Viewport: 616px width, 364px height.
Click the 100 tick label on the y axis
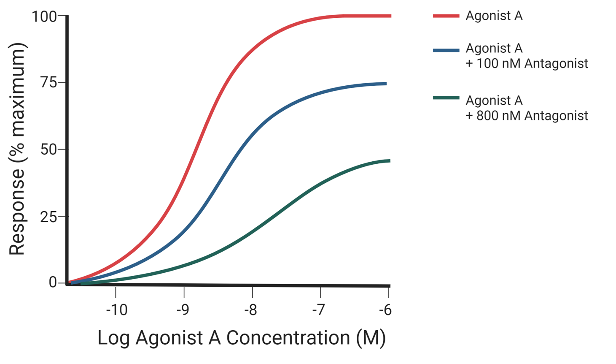pyautogui.click(x=44, y=17)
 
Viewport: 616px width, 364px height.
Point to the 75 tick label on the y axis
pyautogui.click(x=48, y=82)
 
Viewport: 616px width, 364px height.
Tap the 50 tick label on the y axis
pyautogui.click(x=48, y=149)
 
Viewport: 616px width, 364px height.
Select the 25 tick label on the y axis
pyautogui.click(x=48, y=217)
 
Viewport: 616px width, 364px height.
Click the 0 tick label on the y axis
pyautogui.click(x=53, y=282)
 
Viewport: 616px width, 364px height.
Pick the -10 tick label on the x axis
pyautogui.click(x=116, y=310)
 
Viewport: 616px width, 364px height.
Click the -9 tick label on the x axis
pyautogui.click(x=183, y=310)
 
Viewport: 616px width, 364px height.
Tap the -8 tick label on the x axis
pyautogui.click(x=250, y=310)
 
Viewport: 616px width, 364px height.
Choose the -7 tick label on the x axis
pyautogui.click(x=319, y=310)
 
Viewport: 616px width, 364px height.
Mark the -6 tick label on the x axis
pyautogui.click(x=385, y=310)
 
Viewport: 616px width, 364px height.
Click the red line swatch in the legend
pyautogui.click(x=446, y=16)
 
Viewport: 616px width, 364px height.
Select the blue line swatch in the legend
pyautogui.click(x=446, y=50)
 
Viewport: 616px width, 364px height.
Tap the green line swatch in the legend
pyautogui.click(x=446, y=98)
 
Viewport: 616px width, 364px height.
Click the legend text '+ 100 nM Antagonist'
pyautogui.click(x=527, y=64)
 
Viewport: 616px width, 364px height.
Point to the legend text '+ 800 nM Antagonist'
pyautogui.click(x=527, y=116)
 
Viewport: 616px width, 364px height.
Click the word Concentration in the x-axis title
pyautogui.click(x=288, y=338)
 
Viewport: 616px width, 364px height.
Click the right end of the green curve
pyautogui.click(x=389, y=161)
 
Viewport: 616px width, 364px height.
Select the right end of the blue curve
pyautogui.click(x=385, y=84)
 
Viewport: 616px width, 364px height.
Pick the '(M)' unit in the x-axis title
pyautogui.click(x=371, y=338)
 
